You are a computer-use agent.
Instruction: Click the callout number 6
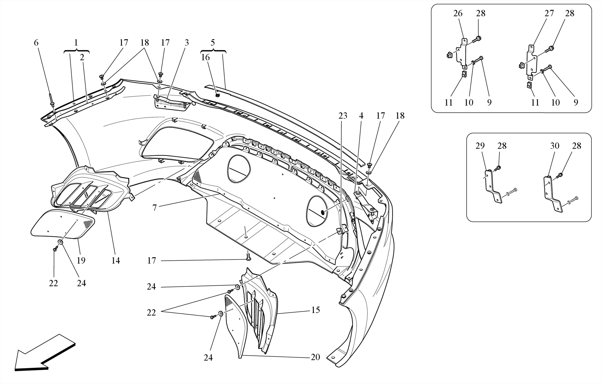[x=36, y=43]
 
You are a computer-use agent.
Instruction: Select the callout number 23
[x=343, y=116]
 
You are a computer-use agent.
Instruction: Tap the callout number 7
[x=155, y=208]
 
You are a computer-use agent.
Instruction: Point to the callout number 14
[x=116, y=260]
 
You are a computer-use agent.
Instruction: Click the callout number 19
[x=81, y=260]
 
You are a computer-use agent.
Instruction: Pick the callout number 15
[x=315, y=310]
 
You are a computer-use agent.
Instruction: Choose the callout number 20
[x=315, y=357]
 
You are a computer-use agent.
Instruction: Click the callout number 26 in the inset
[x=458, y=14]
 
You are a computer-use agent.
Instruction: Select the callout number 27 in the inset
[x=549, y=14]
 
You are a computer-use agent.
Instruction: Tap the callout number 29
[x=480, y=146]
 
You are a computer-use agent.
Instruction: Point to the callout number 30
[x=554, y=146]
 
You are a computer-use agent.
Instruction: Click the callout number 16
[x=205, y=57]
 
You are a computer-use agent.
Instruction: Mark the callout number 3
[x=187, y=43]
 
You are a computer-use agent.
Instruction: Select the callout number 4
[x=361, y=116]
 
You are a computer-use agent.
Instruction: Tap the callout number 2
[x=82, y=57]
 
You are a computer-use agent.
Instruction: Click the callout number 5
[x=213, y=43]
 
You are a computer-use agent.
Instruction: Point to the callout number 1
[x=76, y=43]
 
